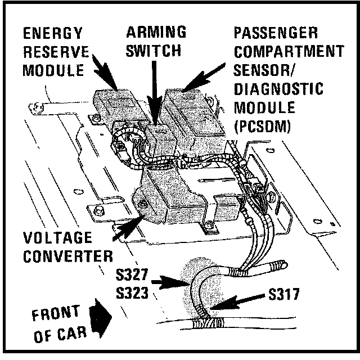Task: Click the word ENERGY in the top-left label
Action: [x=52, y=33]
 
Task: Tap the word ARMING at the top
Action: [x=156, y=32]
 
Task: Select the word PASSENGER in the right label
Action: [x=276, y=33]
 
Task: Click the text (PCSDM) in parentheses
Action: [x=263, y=126]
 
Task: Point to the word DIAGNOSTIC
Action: [x=278, y=89]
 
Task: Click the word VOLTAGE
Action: [x=57, y=237]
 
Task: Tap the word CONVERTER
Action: [x=68, y=256]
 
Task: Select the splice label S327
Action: [x=132, y=274]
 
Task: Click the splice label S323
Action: [x=132, y=292]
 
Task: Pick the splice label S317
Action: [x=284, y=294]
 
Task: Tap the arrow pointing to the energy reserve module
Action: [x=105, y=72]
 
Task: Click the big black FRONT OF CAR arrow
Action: [x=100, y=318]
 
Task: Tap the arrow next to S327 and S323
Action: [x=170, y=282]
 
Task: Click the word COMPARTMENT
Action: [x=289, y=51]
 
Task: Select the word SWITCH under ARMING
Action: [x=154, y=51]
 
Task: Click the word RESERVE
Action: [x=56, y=52]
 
